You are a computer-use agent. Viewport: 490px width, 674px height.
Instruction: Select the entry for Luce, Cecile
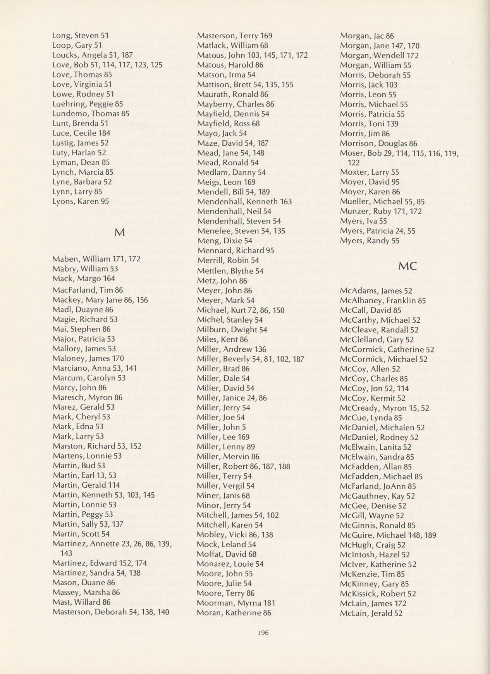(81, 133)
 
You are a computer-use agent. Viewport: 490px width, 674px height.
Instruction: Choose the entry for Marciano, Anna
(89, 368)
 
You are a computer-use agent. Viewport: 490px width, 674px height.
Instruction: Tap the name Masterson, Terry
(235, 36)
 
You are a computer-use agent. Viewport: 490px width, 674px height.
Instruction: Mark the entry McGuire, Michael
(388, 535)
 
